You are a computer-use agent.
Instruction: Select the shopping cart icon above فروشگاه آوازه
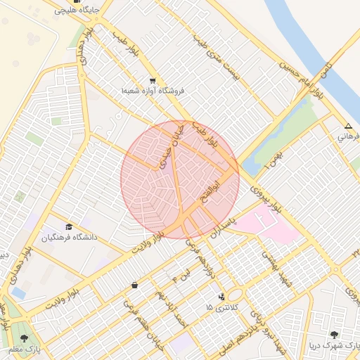click(x=153, y=80)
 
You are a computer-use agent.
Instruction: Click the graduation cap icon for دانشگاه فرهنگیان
click(x=69, y=226)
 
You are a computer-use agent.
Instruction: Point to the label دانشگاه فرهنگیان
click(x=69, y=238)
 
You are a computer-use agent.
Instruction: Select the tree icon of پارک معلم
click(x=25, y=338)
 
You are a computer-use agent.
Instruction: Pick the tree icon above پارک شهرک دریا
click(x=333, y=335)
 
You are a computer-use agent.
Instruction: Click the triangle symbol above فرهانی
click(x=348, y=126)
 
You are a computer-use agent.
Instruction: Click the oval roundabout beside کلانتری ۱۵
click(x=235, y=295)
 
